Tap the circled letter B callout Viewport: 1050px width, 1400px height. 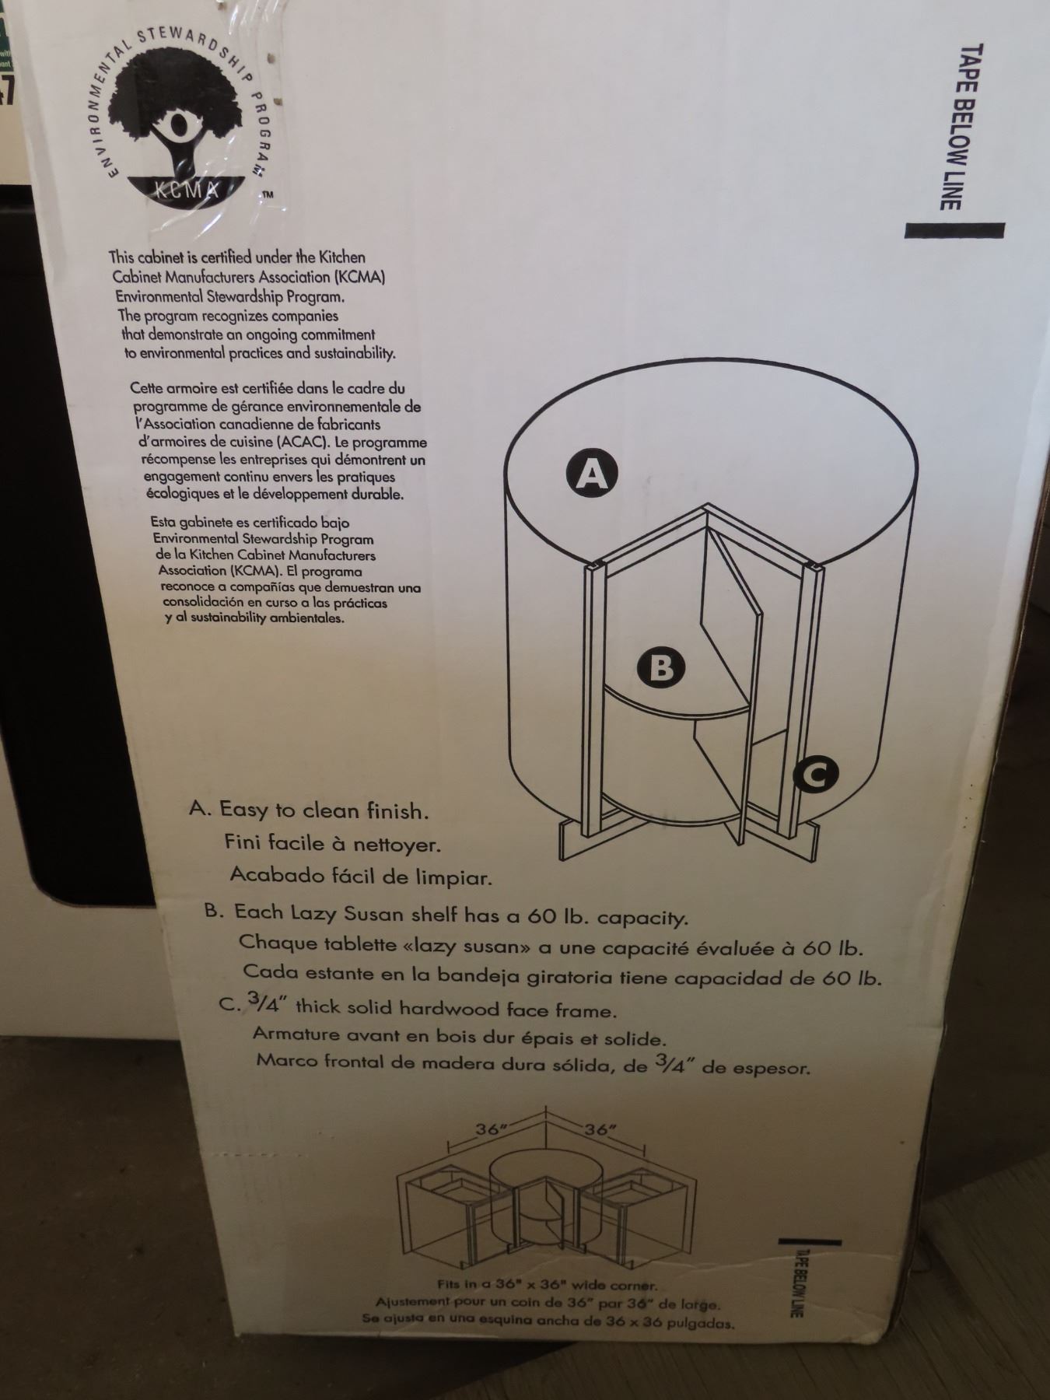point(660,667)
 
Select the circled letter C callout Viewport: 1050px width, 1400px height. point(815,774)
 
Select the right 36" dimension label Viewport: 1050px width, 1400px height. point(598,1129)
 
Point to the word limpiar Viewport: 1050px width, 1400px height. point(451,877)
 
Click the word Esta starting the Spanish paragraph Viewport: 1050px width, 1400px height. point(165,523)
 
